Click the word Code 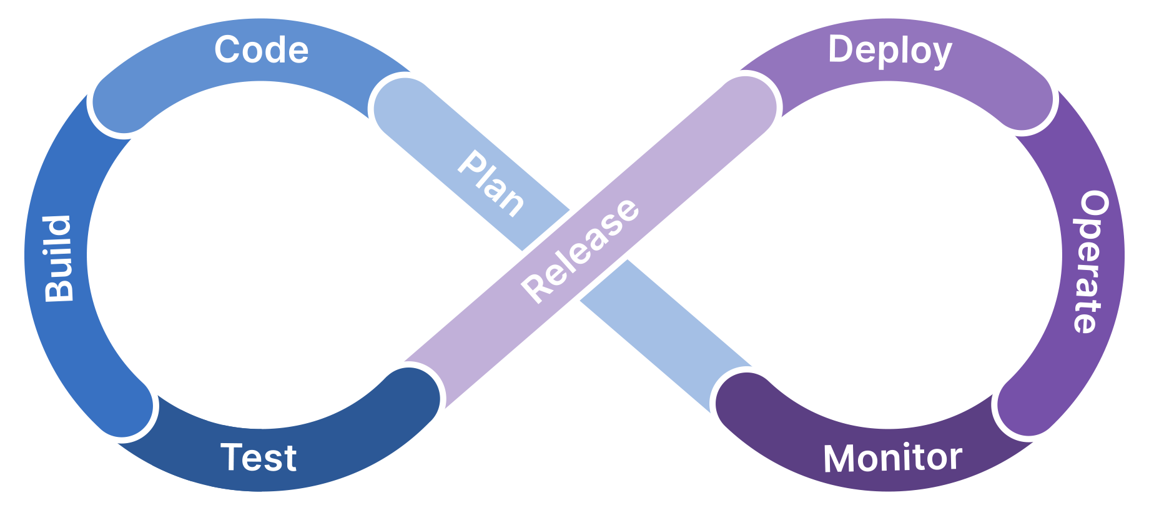[262, 50]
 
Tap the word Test [259, 457]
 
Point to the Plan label [491, 184]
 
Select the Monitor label [892, 458]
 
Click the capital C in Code [228, 50]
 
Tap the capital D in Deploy [841, 49]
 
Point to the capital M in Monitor [839, 459]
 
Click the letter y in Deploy [942, 54]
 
